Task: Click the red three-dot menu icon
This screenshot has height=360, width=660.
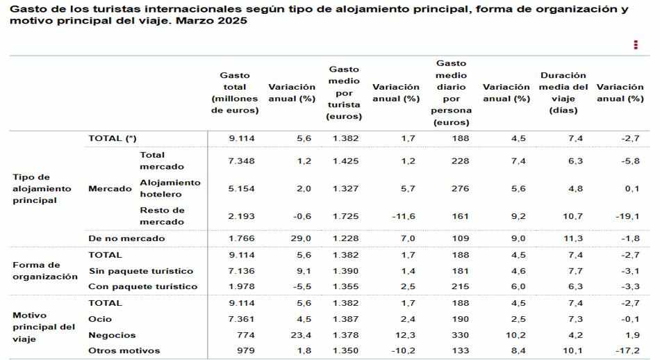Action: point(636,44)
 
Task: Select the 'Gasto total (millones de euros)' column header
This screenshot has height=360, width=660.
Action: point(235,92)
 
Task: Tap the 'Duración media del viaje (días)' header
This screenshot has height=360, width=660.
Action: point(563,92)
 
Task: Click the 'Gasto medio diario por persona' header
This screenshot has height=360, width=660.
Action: point(452,92)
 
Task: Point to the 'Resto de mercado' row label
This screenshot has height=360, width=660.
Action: point(162,216)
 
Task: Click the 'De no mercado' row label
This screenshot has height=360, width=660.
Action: point(126,238)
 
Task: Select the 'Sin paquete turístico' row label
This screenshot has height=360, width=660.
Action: point(141,270)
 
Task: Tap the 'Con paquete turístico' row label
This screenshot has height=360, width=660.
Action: point(143,286)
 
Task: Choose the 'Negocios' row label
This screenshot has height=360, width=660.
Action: point(112,335)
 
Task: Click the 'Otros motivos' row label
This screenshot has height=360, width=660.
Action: point(124,351)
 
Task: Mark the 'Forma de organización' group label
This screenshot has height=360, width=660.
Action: point(45,270)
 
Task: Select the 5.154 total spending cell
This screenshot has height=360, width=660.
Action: point(242,188)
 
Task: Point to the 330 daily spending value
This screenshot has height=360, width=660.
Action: point(461,335)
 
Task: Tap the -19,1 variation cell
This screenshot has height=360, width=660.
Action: point(627,216)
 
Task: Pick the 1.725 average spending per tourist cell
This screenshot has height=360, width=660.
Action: point(345,216)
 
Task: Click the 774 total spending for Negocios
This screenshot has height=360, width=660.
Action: point(247,335)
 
